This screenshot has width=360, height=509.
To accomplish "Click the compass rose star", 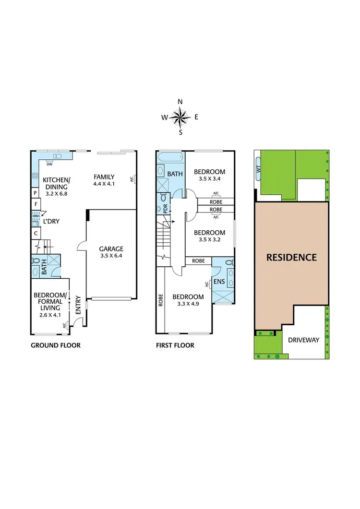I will point(180,117).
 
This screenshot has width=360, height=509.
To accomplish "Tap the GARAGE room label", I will point(111,249).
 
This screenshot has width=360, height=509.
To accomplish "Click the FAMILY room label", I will point(104,177).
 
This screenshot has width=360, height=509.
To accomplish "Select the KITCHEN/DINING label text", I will point(57,184).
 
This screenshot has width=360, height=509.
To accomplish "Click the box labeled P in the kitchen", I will point(35,192).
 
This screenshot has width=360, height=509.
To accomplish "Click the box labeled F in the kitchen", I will point(35,204).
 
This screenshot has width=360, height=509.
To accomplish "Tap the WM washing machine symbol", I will point(36,216).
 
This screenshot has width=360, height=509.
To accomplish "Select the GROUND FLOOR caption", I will point(56,345).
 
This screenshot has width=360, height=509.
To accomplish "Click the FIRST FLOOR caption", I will point(175,345).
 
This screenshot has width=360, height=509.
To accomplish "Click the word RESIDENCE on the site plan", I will point(292,257).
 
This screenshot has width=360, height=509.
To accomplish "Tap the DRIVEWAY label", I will point(303,340).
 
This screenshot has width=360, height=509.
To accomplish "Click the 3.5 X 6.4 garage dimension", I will point(111,256).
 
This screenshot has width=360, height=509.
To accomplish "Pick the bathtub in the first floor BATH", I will point(170,157).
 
